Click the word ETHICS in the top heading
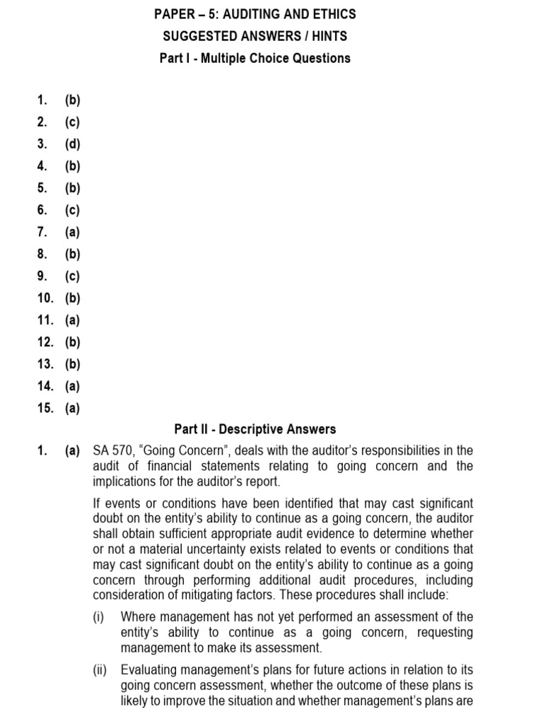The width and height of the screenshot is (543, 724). [x=332, y=14]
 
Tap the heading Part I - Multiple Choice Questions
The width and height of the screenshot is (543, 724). [x=255, y=58]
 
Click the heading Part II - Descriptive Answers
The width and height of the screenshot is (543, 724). [x=255, y=429]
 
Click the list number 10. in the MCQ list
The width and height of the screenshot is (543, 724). [x=46, y=298]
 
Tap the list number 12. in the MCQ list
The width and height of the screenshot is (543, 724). [x=46, y=342]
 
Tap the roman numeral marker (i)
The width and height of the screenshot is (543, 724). [x=100, y=617]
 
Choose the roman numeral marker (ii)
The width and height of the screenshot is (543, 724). [x=102, y=670]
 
